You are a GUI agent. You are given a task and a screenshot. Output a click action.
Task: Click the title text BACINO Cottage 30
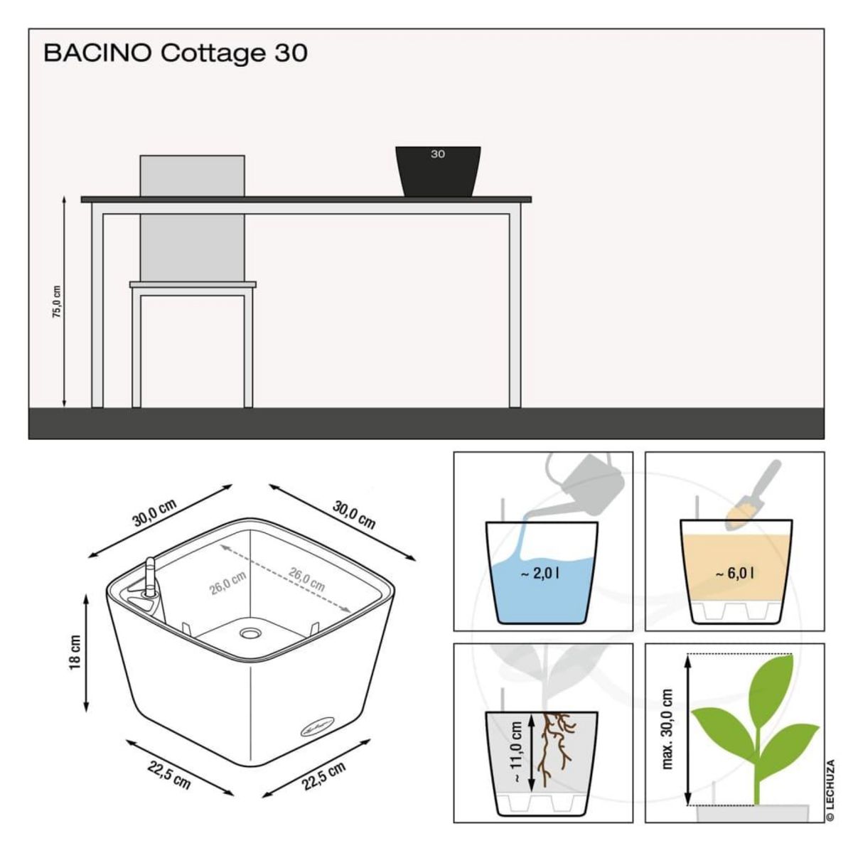(176, 53)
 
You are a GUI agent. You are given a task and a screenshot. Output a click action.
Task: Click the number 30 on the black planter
(437, 154)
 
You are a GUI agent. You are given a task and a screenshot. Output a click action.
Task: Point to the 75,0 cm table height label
(57, 301)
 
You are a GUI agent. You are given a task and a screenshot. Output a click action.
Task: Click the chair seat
(193, 284)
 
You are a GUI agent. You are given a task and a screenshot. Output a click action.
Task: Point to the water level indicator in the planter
(151, 577)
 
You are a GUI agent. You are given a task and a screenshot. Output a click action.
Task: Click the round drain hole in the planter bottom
(251, 632)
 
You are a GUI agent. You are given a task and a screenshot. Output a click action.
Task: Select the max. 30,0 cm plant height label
(667, 729)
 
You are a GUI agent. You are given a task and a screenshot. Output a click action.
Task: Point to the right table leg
(515, 306)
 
